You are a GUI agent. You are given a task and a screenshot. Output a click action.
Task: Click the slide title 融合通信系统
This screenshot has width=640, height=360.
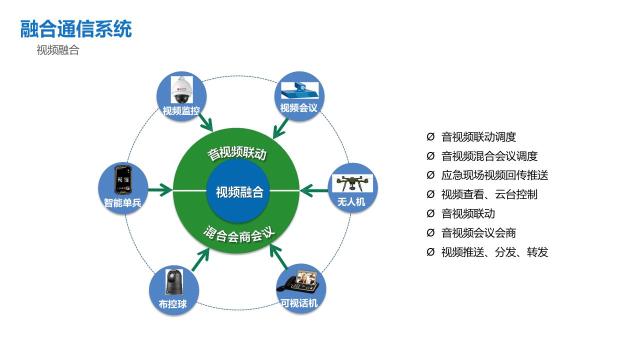pos(76,29)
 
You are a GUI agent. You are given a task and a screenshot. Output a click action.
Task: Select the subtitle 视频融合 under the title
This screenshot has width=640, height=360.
pos(57,50)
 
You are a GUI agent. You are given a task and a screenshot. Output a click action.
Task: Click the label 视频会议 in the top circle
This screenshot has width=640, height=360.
pos(298,108)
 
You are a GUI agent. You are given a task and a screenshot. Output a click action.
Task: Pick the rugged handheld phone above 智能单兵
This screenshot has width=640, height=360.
pos(123,180)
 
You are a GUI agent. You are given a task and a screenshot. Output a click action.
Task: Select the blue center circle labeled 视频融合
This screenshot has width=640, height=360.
pos(239,191)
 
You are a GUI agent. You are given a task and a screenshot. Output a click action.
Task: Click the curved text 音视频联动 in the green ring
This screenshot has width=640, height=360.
pos(237,153)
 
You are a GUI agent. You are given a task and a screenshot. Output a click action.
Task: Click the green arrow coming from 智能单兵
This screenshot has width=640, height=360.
pos(160,190)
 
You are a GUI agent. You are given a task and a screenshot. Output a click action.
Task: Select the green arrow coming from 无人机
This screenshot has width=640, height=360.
pos(314,190)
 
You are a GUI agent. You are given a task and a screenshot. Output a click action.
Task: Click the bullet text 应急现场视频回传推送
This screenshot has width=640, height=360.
pos(494,175)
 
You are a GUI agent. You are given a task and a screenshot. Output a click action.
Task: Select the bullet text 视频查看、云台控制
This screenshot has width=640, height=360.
pos(489,194)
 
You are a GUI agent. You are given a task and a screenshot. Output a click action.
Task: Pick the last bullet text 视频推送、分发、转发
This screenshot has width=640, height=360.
pos(494,252)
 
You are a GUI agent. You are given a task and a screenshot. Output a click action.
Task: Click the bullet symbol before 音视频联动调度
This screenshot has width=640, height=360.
pos(430,136)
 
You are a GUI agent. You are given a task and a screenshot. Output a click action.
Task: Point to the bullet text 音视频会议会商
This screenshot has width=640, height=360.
pos(478,233)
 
